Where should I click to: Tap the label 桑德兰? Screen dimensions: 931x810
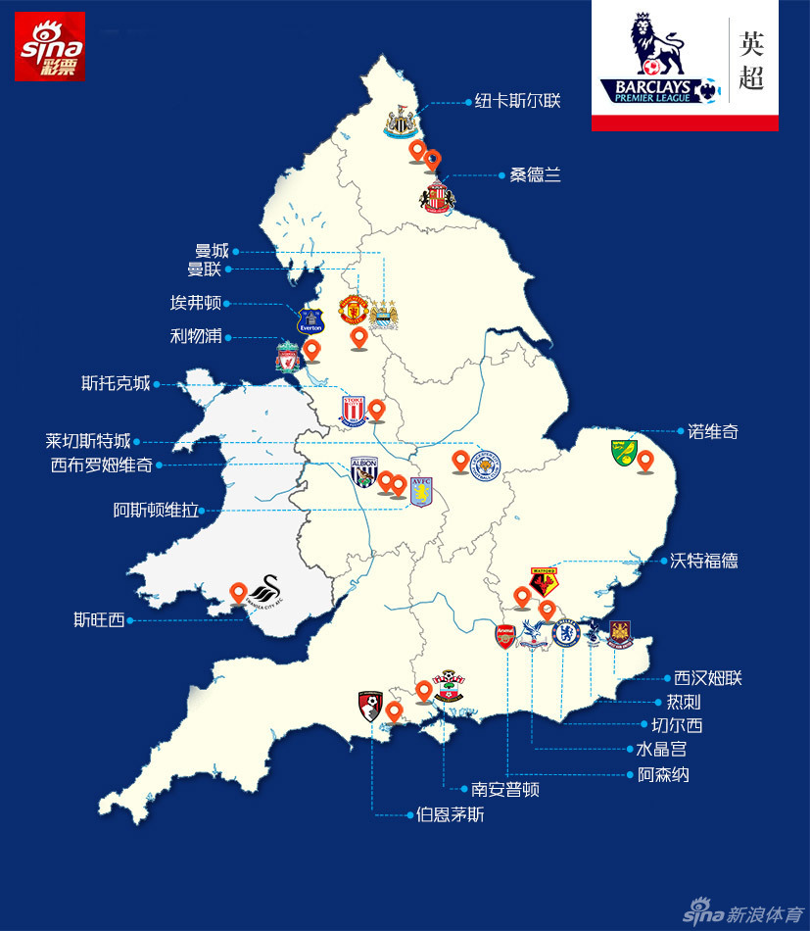pos(536,175)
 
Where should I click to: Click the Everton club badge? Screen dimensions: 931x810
pos(310,321)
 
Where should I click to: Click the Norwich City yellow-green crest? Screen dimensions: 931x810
pos(622,453)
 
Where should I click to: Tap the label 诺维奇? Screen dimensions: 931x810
pos(712,430)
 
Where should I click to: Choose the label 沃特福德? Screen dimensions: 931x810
pos(704,561)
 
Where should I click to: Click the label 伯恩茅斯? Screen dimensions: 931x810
pos(450,814)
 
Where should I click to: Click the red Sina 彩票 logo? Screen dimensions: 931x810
pos(50,46)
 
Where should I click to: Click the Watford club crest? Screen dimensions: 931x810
pos(544,582)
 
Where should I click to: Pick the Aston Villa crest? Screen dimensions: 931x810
pos(421,490)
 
